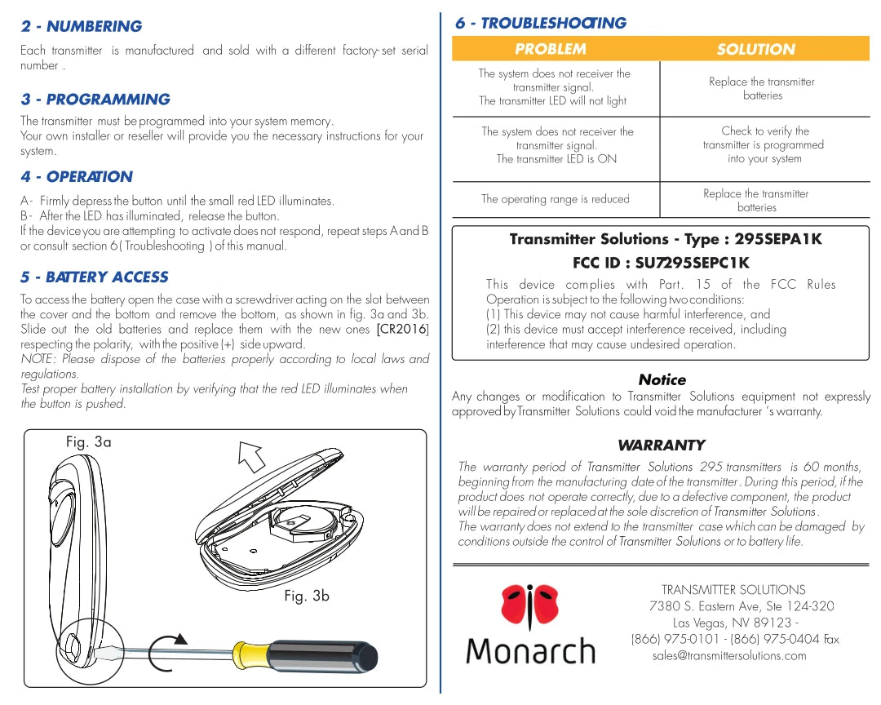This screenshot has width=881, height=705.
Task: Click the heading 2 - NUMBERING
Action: point(82,26)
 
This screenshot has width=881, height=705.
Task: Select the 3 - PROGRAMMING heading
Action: point(95,100)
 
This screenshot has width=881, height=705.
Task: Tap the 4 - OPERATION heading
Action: point(77,176)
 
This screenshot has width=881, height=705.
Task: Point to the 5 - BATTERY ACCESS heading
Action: point(95,277)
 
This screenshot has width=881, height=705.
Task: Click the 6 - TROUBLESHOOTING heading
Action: point(541,23)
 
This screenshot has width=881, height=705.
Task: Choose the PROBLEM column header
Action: point(551,49)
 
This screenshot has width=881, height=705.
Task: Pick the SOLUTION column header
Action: point(755,49)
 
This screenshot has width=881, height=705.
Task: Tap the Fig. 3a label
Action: point(88,441)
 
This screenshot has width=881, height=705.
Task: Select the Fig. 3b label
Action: point(307,596)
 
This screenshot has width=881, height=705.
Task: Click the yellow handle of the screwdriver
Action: point(250,653)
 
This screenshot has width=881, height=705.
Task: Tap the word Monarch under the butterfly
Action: point(530,651)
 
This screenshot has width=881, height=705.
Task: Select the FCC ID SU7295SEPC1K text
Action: point(661,263)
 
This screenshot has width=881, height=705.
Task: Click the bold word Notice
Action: point(662,379)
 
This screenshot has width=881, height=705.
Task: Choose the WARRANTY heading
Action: point(661,445)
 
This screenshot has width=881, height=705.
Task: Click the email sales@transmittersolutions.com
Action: point(729,655)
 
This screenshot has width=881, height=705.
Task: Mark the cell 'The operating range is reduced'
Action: point(556,199)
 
